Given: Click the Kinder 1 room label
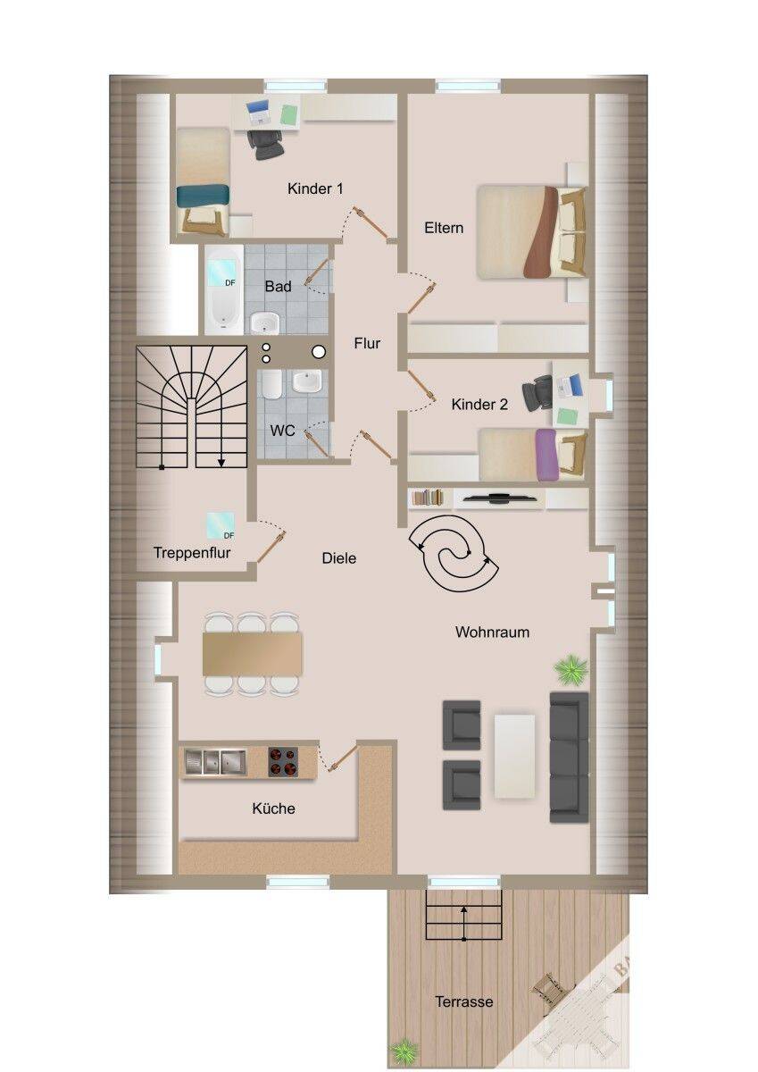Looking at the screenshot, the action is (x=315, y=188).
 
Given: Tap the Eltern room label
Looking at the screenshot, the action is (x=444, y=228).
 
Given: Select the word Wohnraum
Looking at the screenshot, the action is (x=492, y=632).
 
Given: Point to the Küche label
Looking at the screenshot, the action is (x=273, y=808).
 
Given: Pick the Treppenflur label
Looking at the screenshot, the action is (x=192, y=553).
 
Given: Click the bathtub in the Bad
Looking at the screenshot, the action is (x=224, y=290).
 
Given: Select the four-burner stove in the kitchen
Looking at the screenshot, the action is (x=283, y=761).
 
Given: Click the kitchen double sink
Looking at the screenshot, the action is (x=215, y=761).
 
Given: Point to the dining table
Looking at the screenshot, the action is (x=252, y=654).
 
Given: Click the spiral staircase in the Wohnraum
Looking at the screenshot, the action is (x=454, y=553).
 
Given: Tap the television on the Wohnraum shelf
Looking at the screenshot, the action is (x=499, y=498).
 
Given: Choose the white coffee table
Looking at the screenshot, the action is (x=514, y=756).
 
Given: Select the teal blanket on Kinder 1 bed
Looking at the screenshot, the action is (x=203, y=197).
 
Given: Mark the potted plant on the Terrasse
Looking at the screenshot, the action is (x=404, y=1051).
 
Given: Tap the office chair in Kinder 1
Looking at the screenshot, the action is (x=265, y=144).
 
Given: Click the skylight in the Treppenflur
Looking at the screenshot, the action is (x=221, y=525).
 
